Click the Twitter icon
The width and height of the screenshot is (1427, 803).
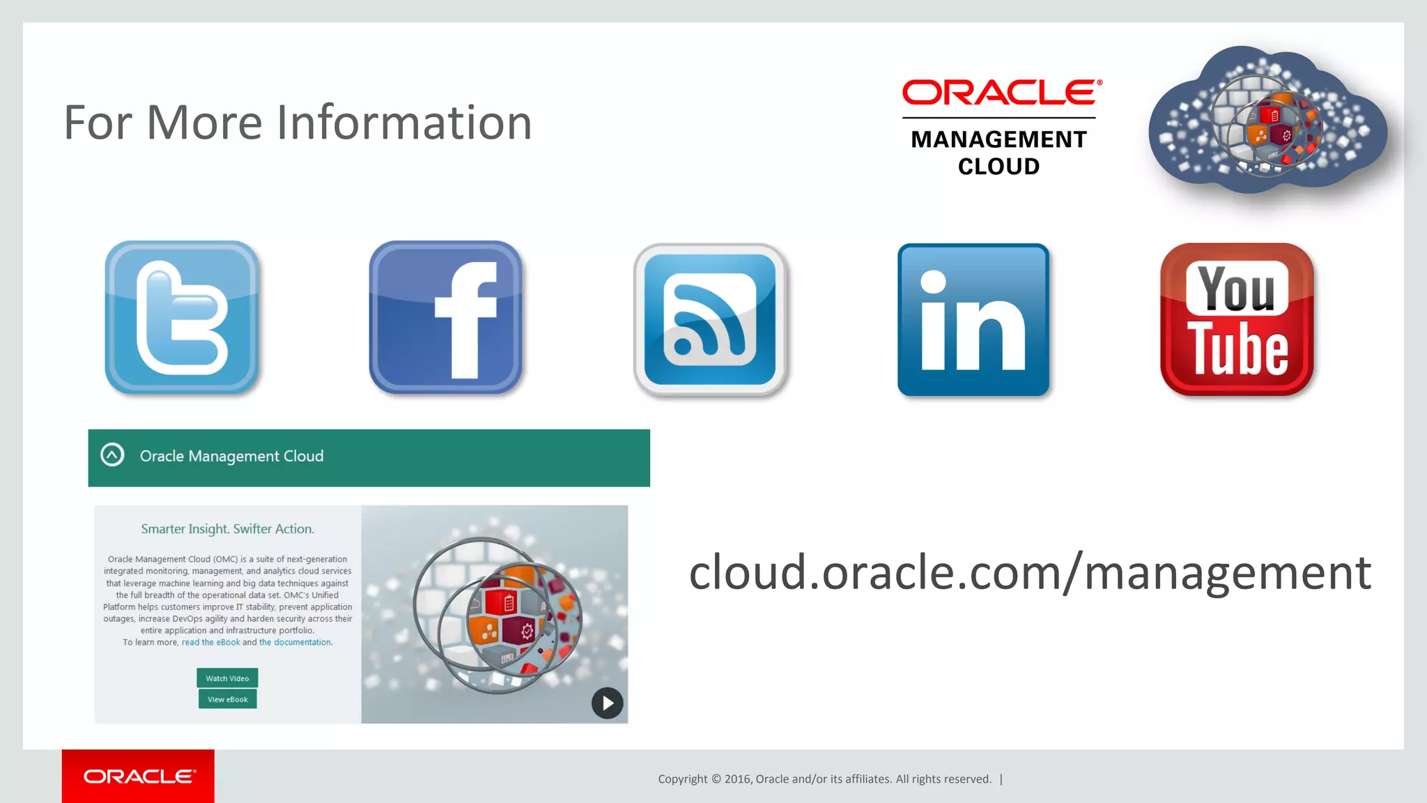182,318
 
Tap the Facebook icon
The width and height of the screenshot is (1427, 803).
446,318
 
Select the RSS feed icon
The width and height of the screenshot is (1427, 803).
710,319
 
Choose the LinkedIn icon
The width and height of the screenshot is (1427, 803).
973,319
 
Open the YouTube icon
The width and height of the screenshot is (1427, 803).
1237,319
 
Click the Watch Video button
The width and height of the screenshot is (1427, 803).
227,678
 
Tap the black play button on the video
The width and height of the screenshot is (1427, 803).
608,703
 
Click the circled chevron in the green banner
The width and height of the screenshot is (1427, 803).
112,455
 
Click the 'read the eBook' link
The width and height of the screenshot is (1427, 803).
210,643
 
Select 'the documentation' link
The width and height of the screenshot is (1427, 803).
295,643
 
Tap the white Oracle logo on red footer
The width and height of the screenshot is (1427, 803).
139,777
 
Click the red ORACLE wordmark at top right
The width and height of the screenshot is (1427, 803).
1001,93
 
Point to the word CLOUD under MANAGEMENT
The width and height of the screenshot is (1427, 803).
998,167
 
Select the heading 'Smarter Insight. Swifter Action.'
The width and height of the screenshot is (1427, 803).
227,529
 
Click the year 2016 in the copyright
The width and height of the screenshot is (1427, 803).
738,779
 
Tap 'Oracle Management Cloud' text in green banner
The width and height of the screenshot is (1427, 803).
231,456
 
